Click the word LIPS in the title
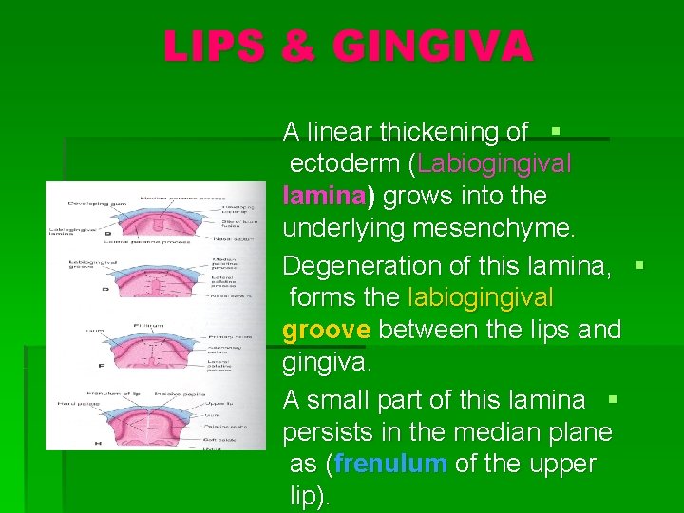213,46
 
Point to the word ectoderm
344,163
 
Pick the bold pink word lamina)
329,196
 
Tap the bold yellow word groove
327,330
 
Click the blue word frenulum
390,464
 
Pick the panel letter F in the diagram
101,366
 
